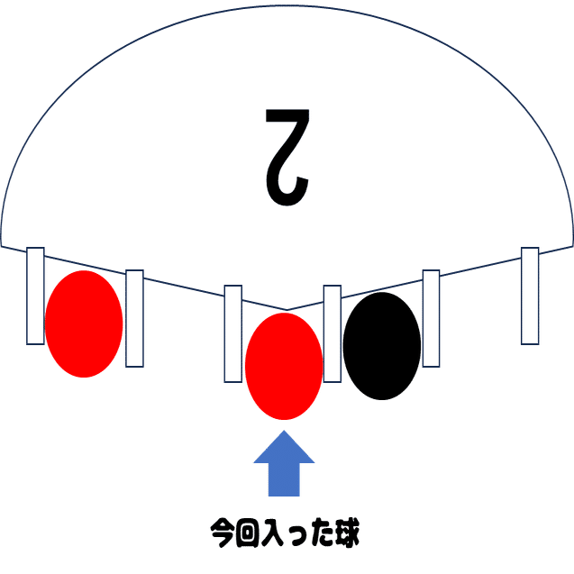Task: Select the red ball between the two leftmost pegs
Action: pyautogui.click(x=84, y=323)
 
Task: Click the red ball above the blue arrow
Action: pyautogui.click(x=284, y=366)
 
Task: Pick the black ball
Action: pyautogui.click(x=382, y=345)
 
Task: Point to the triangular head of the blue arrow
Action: pyautogui.click(x=285, y=448)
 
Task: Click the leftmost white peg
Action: pyautogui.click(x=35, y=295)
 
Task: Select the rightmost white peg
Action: pyautogui.click(x=530, y=295)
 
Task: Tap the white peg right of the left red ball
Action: pyautogui.click(x=134, y=317)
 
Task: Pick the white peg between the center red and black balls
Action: pyautogui.click(x=333, y=333)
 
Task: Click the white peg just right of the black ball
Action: pyautogui.click(x=432, y=317)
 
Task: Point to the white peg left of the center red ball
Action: pyautogui.click(x=233, y=333)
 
